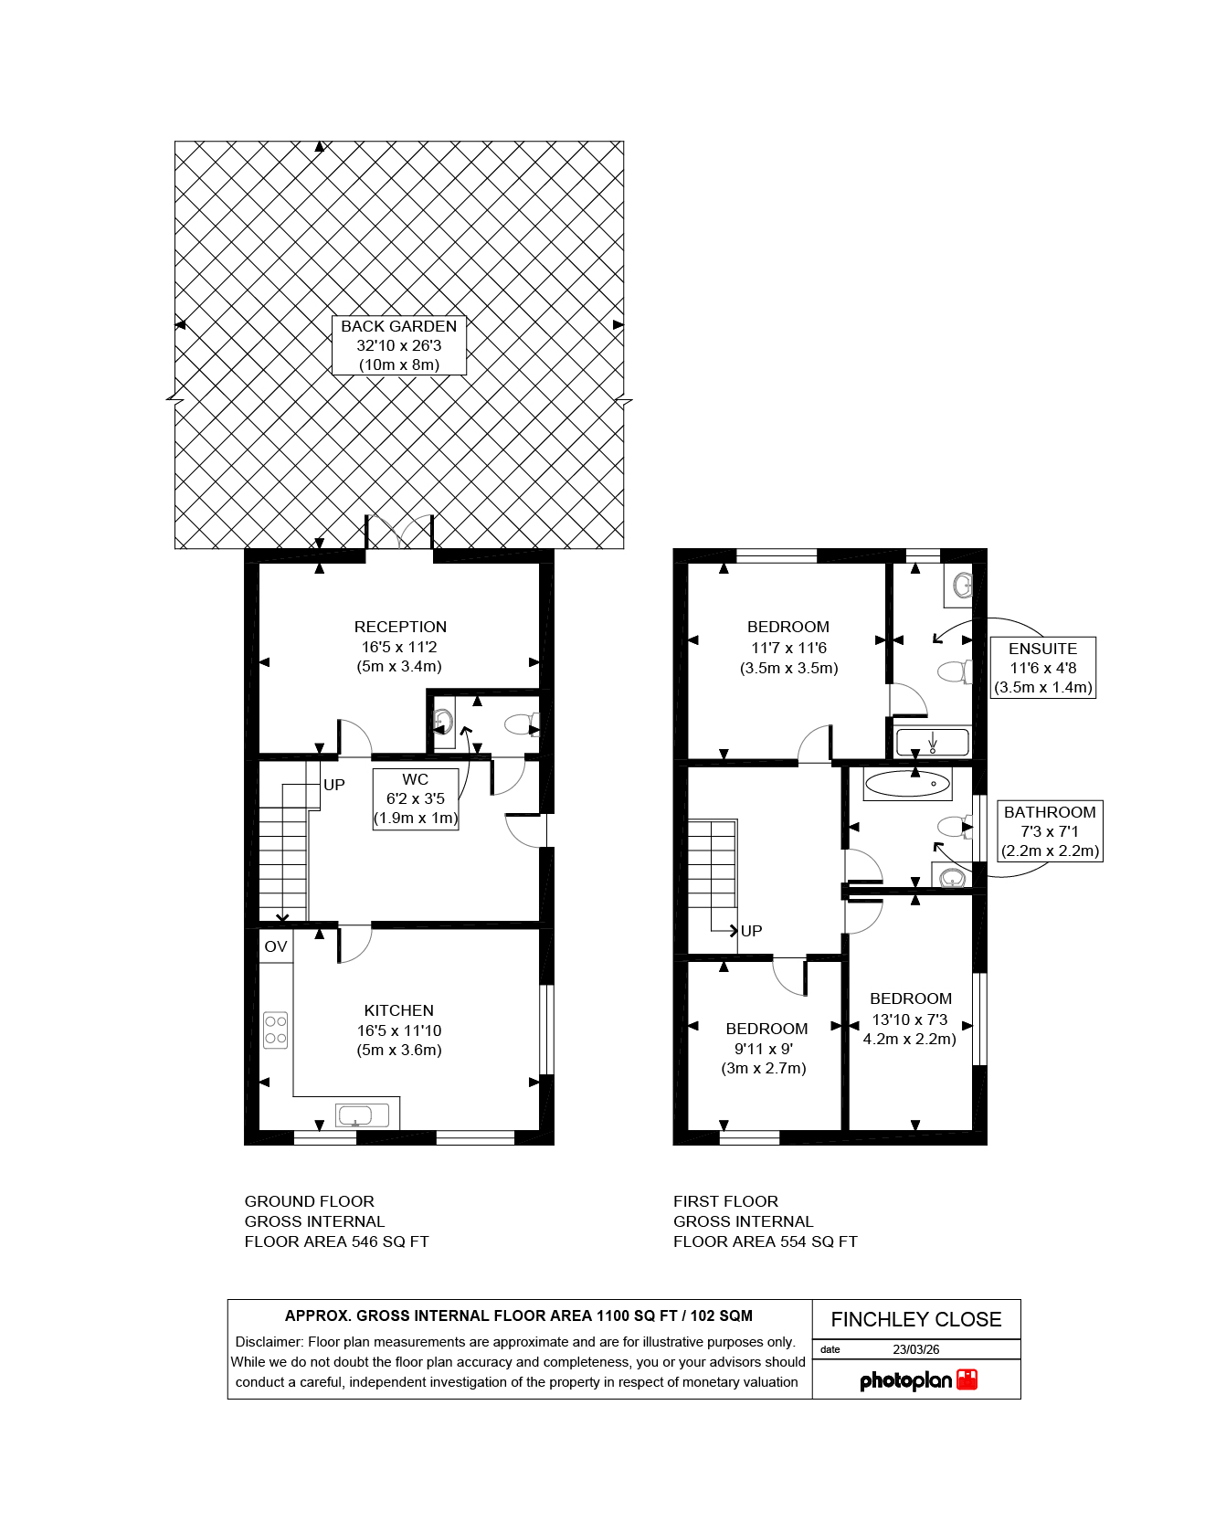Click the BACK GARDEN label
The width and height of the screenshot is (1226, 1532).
398,345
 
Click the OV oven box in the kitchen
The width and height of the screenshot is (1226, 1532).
276,946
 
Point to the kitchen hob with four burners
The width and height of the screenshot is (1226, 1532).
276,1030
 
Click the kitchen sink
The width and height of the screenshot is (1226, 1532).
363,1115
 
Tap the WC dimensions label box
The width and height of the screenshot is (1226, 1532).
416,798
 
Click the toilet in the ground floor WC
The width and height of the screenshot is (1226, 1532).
522,725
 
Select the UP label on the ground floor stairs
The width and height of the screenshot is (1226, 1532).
334,785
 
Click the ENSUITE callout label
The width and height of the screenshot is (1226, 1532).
1042,668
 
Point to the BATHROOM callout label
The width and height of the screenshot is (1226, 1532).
1050,831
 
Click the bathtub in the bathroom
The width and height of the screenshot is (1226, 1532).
907,783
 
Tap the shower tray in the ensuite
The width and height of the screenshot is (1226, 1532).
932,742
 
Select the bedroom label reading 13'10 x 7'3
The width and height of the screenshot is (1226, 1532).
910,1019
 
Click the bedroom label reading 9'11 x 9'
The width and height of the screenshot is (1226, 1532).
766,1049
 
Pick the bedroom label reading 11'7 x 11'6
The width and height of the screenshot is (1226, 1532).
788,648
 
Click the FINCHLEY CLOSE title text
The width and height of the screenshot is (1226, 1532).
916,1319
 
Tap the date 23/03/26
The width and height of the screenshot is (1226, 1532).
916,1349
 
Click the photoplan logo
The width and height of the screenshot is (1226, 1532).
918,1380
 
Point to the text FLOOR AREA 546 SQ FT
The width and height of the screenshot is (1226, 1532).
336,1241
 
